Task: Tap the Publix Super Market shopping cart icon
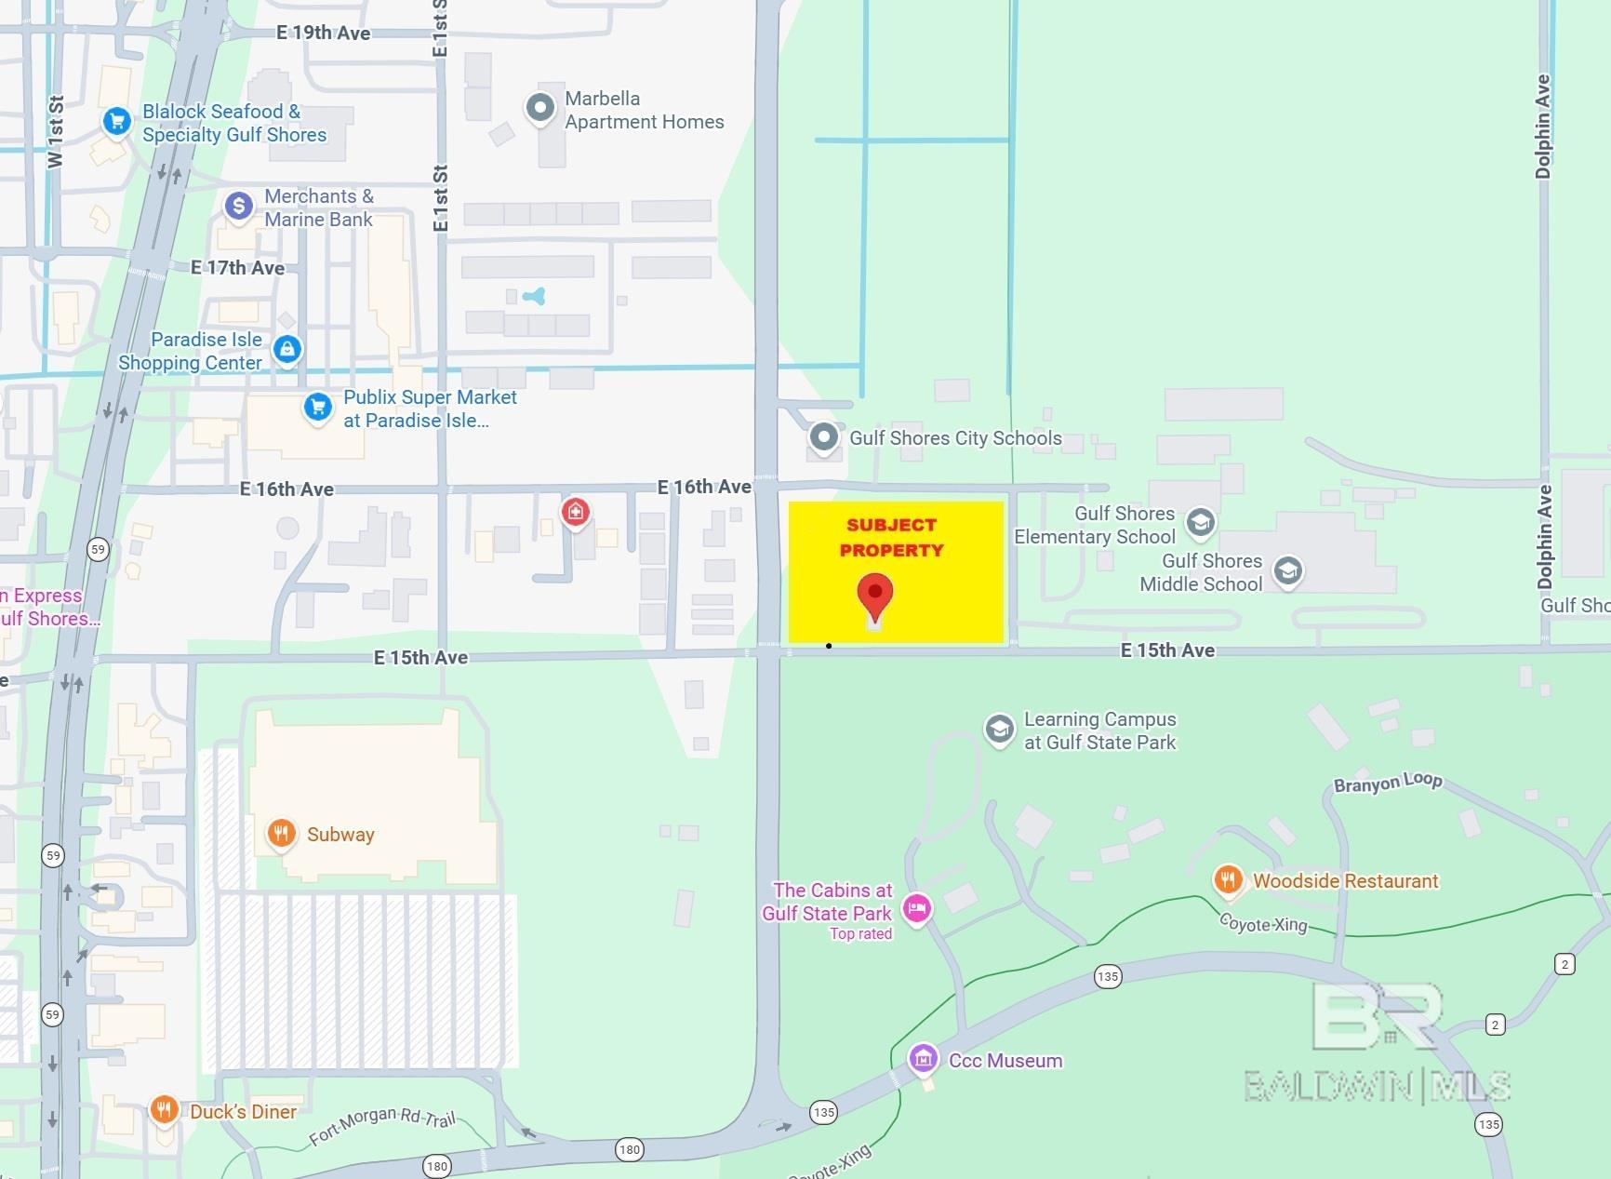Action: pyautogui.click(x=318, y=407)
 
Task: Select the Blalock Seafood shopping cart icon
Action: pyautogui.click(x=116, y=121)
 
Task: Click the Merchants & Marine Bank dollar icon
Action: pyautogui.click(x=239, y=206)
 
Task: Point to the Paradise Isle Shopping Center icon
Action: pyautogui.click(x=287, y=349)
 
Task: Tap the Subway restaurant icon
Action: pyautogui.click(x=281, y=833)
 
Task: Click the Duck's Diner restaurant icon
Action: pyautogui.click(x=164, y=1109)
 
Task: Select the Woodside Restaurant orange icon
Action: pyautogui.click(x=1228, y=878)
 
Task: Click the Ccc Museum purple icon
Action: pyautogui.click(x=923, y=1058)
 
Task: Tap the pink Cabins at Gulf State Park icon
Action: pyautogui.click(x=917, y=908)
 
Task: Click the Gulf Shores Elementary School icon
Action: pyautogui.click(x=1200, y=522)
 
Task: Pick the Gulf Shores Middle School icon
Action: pyautogui.click(x=1288, y=570)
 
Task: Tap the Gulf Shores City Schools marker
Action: pyautogui.click(x=823, y=436)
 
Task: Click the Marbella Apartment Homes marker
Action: pyautogui.click(x=539, y=108)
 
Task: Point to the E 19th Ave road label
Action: pyautogui.click(x=324, y=33)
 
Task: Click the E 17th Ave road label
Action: pyautogui.click(x=237, y=268)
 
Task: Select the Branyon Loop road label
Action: pyautogui.click(x=1388, y=783)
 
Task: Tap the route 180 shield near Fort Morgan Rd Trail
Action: pyautogui.click(x=437, y=1166)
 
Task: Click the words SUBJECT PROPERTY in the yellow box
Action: pyautogui.click(x=891, y=538)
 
